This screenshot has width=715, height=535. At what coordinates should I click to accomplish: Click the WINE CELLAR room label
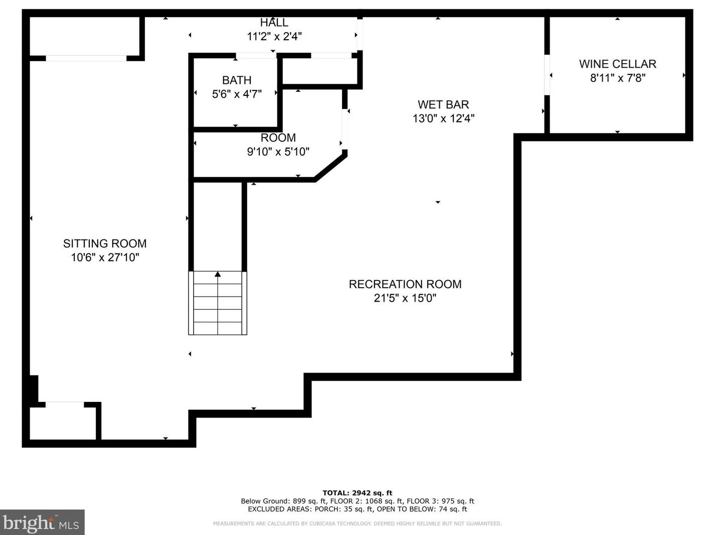tap(618, 64)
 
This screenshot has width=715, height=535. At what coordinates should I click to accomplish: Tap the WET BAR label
tap(443, 105)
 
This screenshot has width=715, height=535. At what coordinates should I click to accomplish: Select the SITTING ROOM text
tap(105, 243)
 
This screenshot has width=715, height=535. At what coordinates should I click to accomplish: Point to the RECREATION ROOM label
tap(405, 284)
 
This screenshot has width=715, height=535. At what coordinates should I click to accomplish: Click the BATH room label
tap(237, 80)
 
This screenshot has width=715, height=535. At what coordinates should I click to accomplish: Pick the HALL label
tap(274, 23)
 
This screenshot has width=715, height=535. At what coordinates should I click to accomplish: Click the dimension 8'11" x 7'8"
tap(618, 78)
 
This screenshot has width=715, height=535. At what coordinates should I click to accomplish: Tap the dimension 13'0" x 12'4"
tap(443, 118)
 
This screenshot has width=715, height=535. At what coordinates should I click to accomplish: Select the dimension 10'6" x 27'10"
tap(105, 257)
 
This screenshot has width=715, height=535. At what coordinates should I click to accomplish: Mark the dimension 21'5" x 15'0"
tap(405, 298)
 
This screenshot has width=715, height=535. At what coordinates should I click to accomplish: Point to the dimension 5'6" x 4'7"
tap(237, 94)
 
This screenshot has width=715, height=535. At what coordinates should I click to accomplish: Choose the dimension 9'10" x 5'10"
tap(278, 152)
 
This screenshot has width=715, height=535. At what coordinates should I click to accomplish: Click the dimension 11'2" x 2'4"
tap(274, 36)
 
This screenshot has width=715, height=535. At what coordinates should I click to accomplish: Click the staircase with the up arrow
tap(218, 303)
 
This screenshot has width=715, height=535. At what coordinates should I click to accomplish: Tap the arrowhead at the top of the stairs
tap(218, 274)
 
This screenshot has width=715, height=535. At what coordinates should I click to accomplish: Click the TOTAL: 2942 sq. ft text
tap(357, 493)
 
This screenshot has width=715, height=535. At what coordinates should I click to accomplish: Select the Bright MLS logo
tap(42, 522)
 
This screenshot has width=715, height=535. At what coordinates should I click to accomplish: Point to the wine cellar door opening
tap(547, 75)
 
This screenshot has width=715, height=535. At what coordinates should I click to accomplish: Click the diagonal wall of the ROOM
tap(330, 168)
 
